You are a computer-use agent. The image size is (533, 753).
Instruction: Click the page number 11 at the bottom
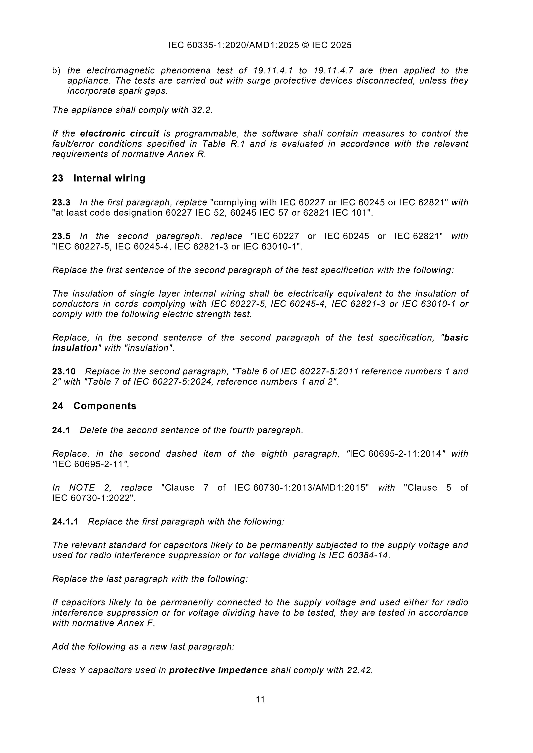tap(260, 700)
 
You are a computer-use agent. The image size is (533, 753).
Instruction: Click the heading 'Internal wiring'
tap(109, 178)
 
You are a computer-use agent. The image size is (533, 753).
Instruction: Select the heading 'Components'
tap(105, 406)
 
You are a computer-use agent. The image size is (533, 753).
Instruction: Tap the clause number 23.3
tap(61, 203)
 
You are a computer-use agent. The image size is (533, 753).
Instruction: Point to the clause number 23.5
tap(61, 236)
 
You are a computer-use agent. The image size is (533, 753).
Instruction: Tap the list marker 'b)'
tap(56, 71)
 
